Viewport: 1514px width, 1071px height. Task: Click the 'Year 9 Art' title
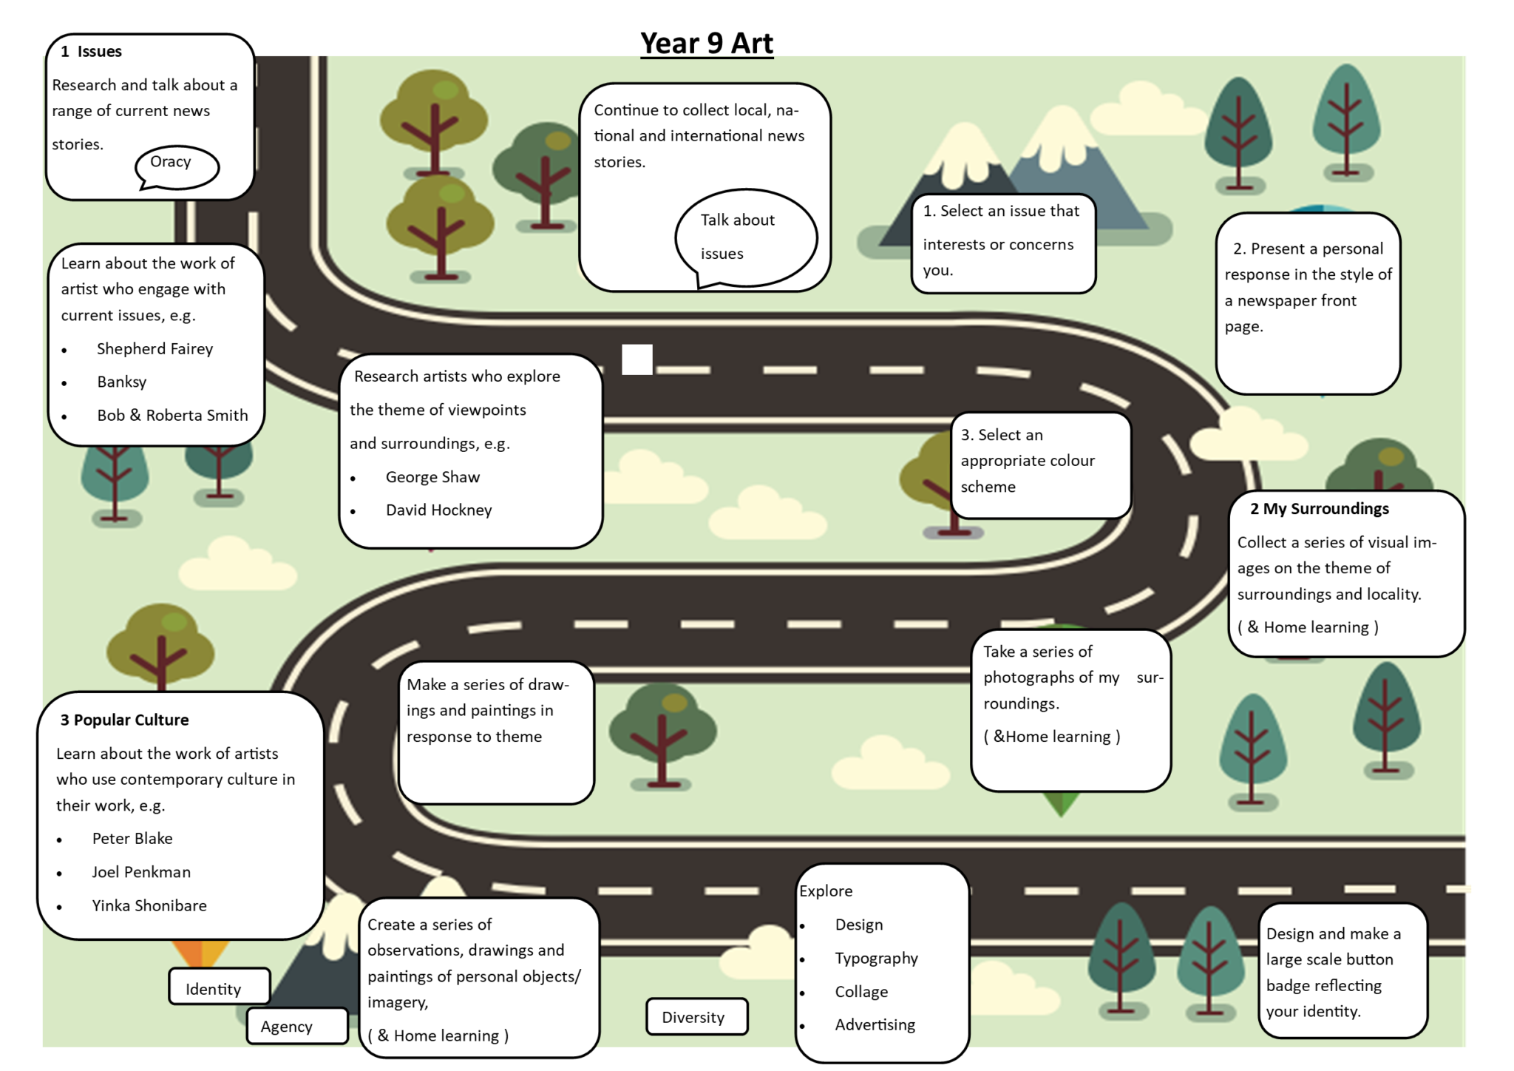pos(706,43)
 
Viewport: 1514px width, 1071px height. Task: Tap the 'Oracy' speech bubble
pos(176,165)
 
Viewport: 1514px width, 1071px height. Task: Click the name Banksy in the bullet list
pos(122,382)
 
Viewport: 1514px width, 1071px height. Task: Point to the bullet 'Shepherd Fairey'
pos(155,348)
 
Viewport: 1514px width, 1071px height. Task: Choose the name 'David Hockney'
pos(438,510)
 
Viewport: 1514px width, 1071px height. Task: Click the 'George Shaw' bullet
pos(432,477)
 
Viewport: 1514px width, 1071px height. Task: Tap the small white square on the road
pos(637,359)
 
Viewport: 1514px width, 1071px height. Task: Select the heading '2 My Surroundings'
pos(1319,509)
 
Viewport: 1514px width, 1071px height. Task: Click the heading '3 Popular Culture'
pos(124,720)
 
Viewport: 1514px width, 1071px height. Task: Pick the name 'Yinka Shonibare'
pos(149,905)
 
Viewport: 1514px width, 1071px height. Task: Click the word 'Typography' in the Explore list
pos(876,958)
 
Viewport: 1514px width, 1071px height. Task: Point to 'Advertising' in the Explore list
pos(875,1024)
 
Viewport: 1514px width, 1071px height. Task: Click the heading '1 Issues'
pos(92,51)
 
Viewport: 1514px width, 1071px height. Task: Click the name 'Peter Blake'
pos(132,838)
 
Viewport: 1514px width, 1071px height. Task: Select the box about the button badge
pos(1341,971)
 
